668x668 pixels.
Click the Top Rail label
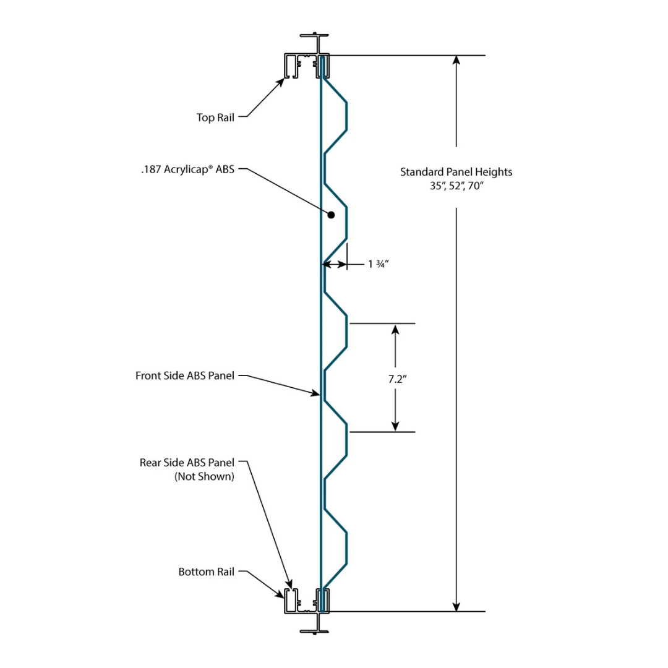[x=215, y=118]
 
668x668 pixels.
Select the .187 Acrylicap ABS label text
[x=187, y=169]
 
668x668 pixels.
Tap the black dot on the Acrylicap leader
[x=332, y=215]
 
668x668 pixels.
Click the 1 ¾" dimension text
[x=378, y=264]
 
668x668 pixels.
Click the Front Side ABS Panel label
[x=185, y=375]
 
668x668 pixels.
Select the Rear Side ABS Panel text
[x=187, y=463]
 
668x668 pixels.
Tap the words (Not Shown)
[x=204, y=477]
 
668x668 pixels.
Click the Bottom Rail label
[x=207, y=572]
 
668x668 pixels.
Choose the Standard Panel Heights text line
[x=456, y=172]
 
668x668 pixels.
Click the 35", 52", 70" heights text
[x=456, y=186]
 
